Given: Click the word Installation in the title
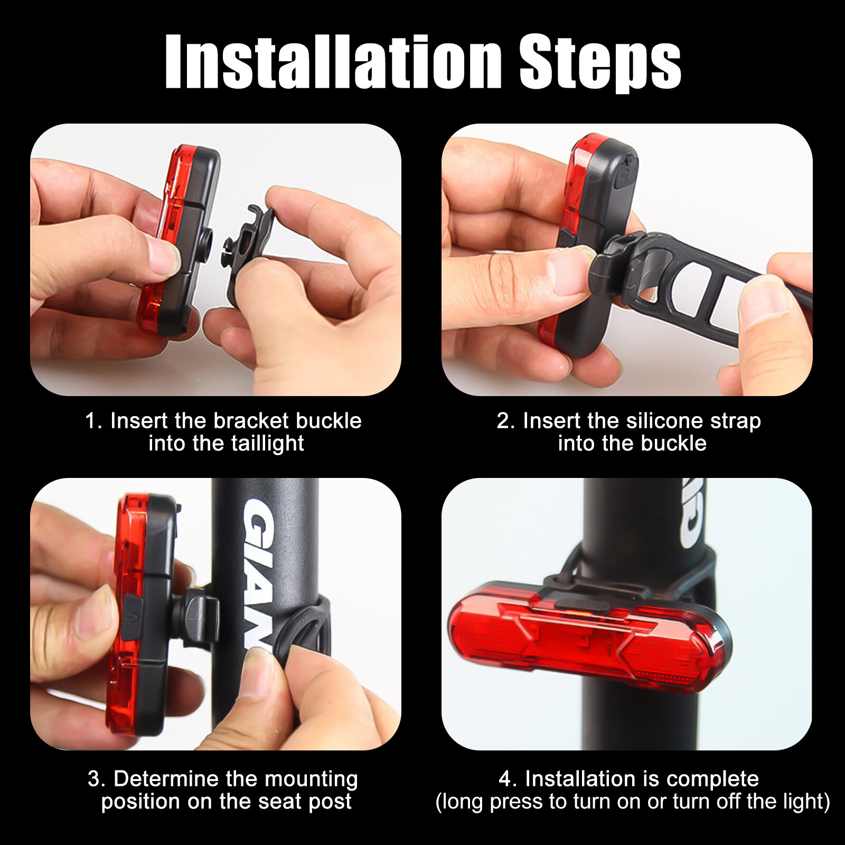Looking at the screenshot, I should coord(333,62).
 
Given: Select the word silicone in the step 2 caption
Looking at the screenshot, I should coord(664,421).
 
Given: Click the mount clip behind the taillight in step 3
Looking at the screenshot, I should coord(201,615).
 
